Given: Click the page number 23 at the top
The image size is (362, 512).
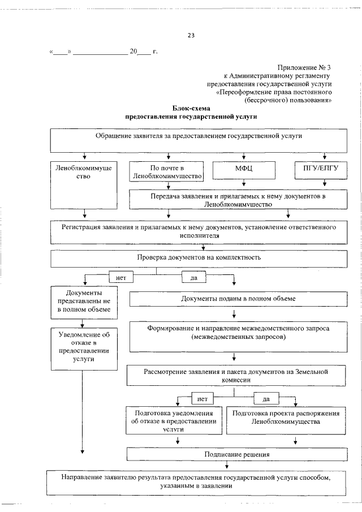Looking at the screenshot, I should point(191,36).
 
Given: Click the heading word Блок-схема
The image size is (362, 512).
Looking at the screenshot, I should point(191,108).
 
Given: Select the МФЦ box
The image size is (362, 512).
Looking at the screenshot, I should point(244,169).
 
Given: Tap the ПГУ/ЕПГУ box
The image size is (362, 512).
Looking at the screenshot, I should point(324,169).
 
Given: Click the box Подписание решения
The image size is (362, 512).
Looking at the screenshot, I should point(236,454).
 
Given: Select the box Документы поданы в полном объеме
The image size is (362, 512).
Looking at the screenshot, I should point(238,298).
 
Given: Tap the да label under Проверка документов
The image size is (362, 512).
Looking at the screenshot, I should point(193,278).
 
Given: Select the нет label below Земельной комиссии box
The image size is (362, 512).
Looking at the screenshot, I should point(202,399).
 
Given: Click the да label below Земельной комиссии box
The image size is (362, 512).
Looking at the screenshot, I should point(266,399).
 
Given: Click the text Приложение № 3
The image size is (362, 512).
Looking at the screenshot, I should point(304,67).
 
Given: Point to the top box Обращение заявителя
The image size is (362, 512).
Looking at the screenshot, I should point(198,140).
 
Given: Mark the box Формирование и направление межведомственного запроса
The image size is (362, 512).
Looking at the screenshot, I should point(238,336).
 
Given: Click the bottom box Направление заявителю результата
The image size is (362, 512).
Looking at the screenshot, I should point(195,481).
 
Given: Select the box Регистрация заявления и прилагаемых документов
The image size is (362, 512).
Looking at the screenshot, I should point(199,230).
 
